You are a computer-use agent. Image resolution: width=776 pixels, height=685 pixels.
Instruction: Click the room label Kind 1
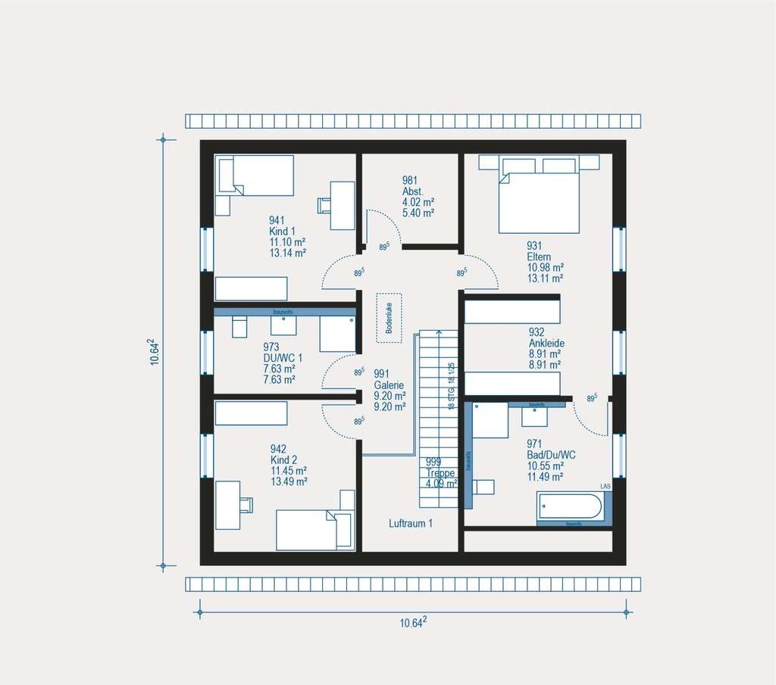(281, 231)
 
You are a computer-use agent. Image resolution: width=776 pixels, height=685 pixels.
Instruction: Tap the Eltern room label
(539, 257)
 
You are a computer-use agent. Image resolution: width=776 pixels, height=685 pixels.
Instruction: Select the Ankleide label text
(546, 343)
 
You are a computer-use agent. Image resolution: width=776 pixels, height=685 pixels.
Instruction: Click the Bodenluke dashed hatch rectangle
(389, 318)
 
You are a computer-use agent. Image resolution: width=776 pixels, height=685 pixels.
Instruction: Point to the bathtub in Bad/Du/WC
(571, 506)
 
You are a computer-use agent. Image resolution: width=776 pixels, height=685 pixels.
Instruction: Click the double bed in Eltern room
(539, 198)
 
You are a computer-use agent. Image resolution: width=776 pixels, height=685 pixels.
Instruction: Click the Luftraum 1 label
(411, 524)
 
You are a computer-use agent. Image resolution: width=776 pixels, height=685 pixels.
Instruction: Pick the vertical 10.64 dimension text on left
(154, 353)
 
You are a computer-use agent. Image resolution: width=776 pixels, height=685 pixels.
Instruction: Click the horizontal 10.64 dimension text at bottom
(413, 623)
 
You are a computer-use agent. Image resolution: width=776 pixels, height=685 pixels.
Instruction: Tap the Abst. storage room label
(413, 191)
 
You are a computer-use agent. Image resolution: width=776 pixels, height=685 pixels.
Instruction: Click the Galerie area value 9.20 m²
(390, 395)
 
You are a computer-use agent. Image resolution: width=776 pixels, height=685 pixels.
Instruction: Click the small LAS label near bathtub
(605, 485)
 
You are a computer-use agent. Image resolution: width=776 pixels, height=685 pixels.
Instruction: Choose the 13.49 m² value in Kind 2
(288, 481)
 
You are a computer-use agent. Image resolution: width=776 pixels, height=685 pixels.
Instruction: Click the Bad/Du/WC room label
(552, 454)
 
